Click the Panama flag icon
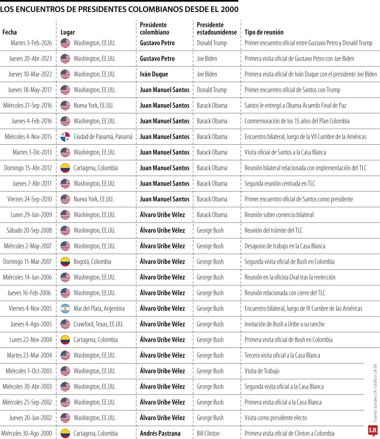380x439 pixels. (x=65, y=137)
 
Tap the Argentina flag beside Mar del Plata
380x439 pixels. (x=65, y=309)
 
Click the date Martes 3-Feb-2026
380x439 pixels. (x=31, y=43)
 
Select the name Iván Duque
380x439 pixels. (x=154, y=74)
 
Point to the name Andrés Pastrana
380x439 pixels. (x=160, y=433)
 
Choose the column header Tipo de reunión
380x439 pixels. (x=264, y=32)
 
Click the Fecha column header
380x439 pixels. (x=9, y=32)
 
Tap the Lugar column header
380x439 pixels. (x=67, y=32)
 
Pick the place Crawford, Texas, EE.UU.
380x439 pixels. (x=98, y=324)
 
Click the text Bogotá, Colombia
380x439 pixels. (x=92, y=262)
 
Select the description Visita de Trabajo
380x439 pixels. (x=262, y=371)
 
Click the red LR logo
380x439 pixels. (x=372, y=430)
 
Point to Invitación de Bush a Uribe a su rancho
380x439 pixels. (x=284, y=324)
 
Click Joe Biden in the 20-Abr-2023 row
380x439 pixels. (x=207, y=59)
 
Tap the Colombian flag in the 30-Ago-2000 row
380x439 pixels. (x=65, y=433)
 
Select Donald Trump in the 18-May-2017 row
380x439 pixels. (x=212, y=90)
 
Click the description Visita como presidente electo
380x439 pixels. (x=275, y=418)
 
